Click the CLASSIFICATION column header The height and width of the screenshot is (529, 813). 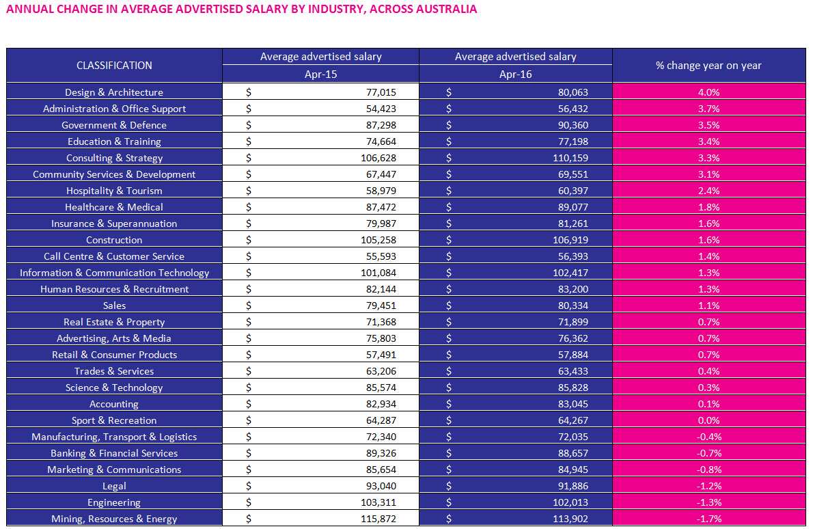114,66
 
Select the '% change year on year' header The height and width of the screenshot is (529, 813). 708,66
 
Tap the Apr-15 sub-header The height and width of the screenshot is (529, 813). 320,74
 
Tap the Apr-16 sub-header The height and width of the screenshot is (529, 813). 515,74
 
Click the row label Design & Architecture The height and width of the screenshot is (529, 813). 114,92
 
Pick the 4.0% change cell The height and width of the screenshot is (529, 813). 708,92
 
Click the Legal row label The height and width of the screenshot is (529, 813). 114,486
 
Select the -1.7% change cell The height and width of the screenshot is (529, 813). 708,519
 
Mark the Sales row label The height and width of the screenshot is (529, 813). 114,306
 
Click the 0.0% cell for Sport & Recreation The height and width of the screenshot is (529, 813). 708,420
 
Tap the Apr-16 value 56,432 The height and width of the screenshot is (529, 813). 573,109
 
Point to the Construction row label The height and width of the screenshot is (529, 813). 114,240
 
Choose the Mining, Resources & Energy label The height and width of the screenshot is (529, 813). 114,519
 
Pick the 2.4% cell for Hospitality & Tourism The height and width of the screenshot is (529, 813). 708,191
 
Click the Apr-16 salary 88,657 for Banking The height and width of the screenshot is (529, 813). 573,453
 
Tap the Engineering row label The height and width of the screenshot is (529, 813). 114,502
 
